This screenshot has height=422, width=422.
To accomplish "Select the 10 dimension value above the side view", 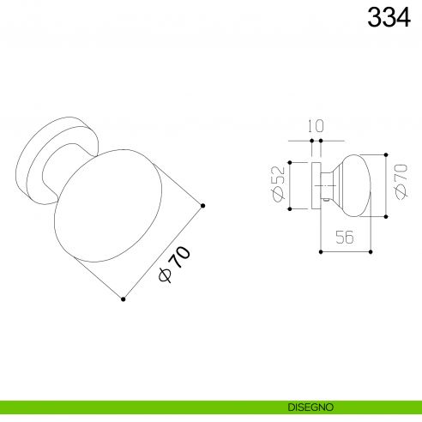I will pyautogui.click(x=316, y=126).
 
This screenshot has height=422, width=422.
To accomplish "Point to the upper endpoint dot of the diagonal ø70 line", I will pyautogui.click(x=202, y=204).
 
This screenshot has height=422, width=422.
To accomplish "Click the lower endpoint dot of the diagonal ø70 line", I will pyautogui.click(x=124, y=299).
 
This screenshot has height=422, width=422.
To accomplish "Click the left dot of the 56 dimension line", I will pyautogui.click(x=321, y=252).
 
